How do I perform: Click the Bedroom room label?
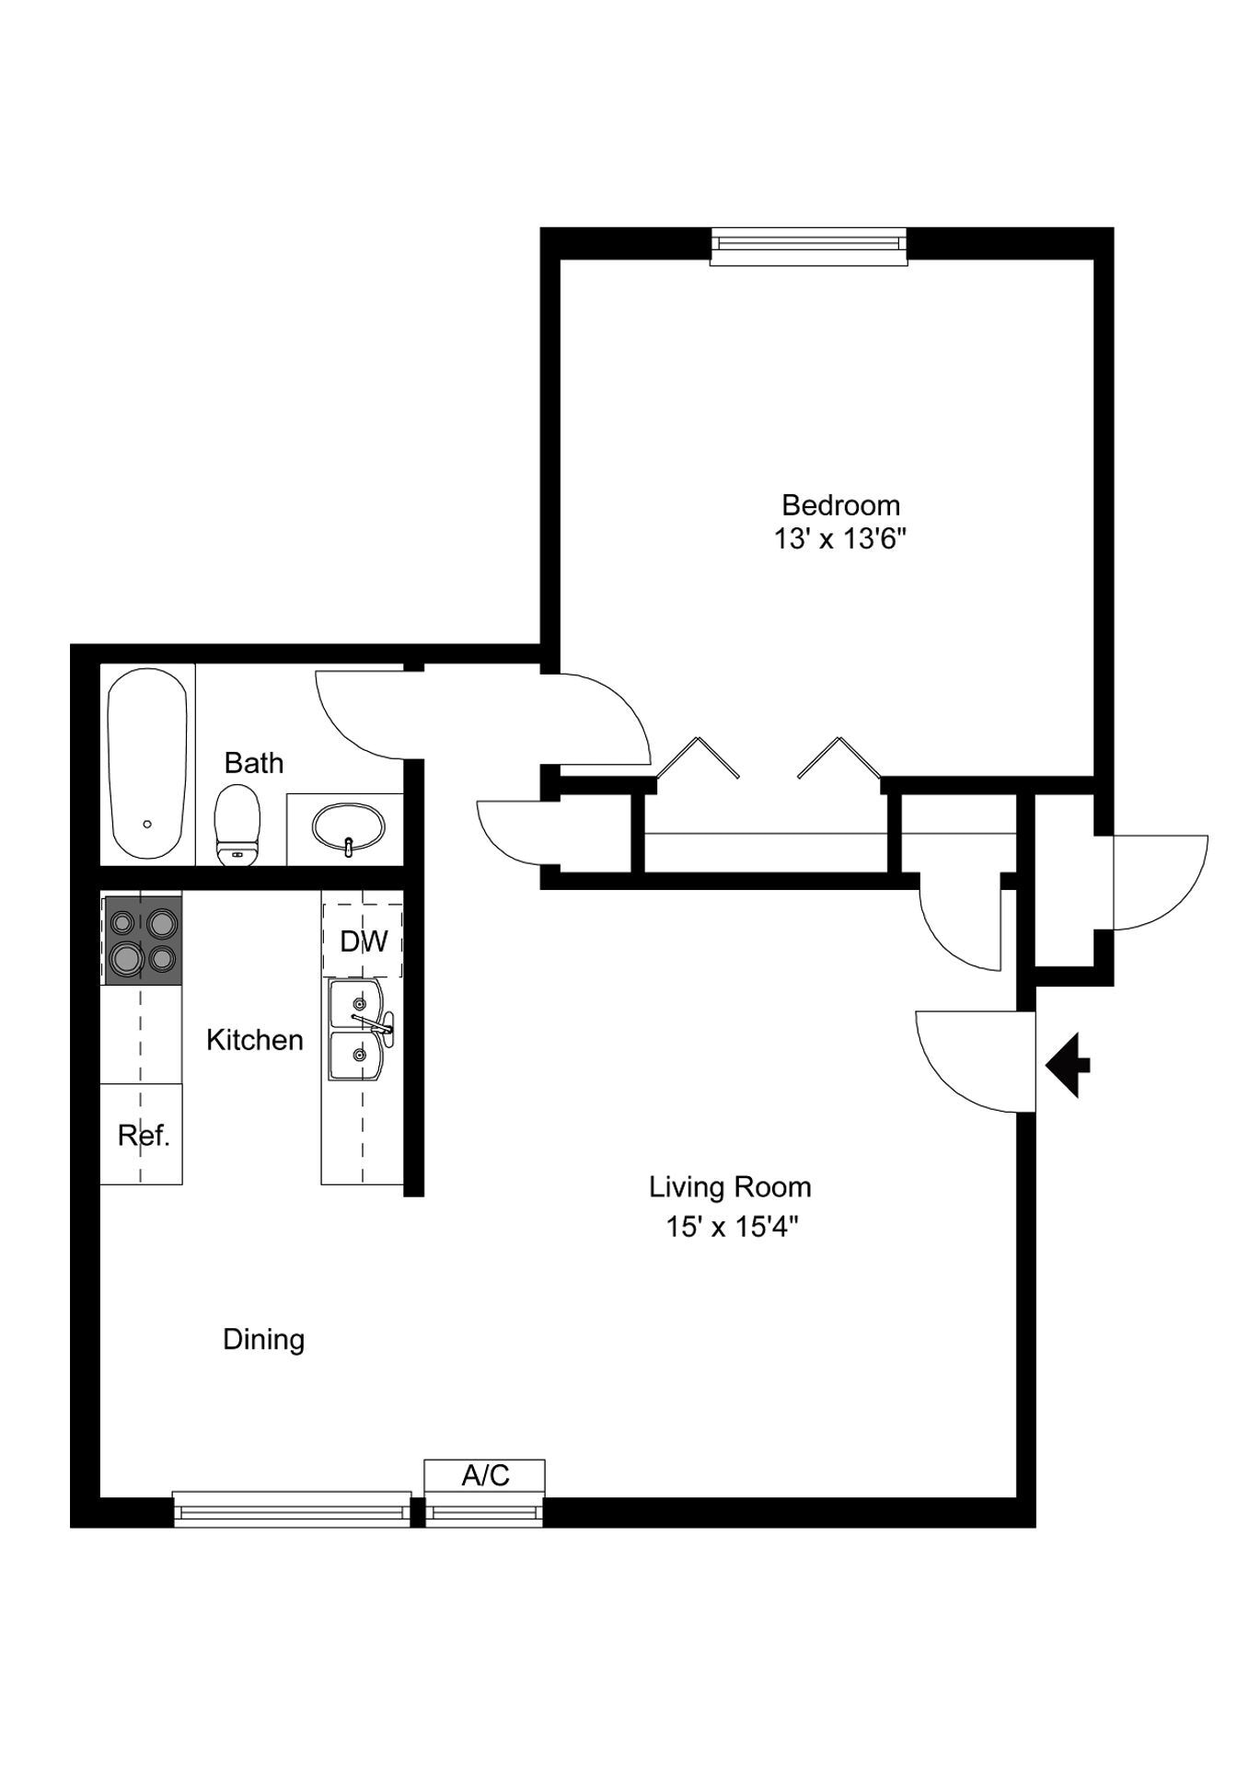(839, 504)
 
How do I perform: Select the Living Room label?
(730, 1187)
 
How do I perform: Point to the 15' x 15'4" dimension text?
(730, 1227)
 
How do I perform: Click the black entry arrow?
(1068, 1066)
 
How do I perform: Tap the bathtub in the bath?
(147, 763)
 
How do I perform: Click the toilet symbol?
(237, 825)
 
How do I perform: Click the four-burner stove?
(142, 940)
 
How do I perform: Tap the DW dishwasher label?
(364, 941)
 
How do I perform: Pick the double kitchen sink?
(358, 1030)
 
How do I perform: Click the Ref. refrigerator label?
(144, 1136)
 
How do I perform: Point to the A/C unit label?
(485, 1475)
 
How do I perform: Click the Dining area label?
(263, 1339)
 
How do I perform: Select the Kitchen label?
(254, 1040)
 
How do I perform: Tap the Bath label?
(253, 763)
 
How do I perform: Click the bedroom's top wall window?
(808, 244)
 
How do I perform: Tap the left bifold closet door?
(697, 756)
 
